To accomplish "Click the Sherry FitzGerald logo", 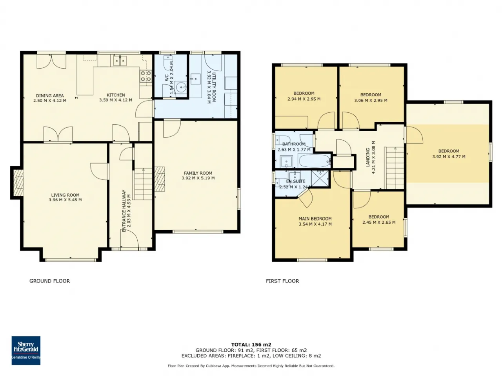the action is [26, 350].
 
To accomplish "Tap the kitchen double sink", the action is [120, 60].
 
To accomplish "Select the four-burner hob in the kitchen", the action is [146, 76].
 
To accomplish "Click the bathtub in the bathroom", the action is [315, 161].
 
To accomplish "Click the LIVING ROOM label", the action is [65, 195].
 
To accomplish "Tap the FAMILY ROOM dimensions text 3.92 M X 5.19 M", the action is [198, 178].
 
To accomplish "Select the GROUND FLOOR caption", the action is [50, 281].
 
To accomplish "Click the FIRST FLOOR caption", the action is [282, 281].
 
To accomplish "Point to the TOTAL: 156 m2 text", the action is [251, 345].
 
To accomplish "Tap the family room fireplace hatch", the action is [160, 179].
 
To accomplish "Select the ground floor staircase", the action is [143, 184].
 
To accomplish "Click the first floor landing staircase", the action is [395, 168].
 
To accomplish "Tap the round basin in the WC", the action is [181, 87].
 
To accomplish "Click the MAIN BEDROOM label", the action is [315, 219].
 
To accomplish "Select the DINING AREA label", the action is [50, 96].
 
